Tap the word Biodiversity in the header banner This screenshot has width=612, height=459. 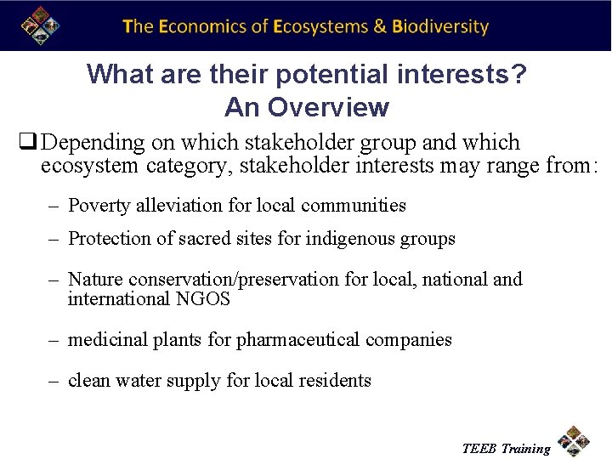click(x=440, y=26)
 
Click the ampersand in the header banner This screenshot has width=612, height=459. click(x=379, y=26)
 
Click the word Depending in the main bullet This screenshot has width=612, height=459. click(x=91, y=143)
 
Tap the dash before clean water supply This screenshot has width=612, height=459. click(x=52, y=381)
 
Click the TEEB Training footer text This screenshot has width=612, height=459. click(x=506, y=448)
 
